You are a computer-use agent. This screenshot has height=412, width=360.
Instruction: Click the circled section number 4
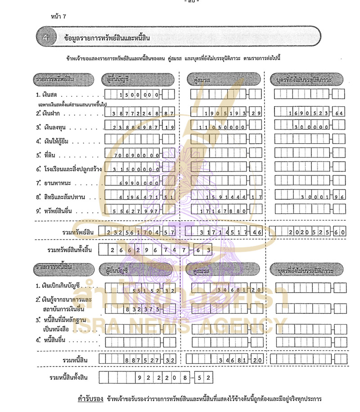click(x=45, y=38)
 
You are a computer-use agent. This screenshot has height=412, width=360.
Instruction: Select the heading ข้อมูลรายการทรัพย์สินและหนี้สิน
click(x=107, y=38)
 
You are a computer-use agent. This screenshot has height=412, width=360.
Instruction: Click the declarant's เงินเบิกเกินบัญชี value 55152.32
click(x=139, y=290)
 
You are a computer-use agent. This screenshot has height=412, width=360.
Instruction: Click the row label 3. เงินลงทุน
click(x=59, y=127)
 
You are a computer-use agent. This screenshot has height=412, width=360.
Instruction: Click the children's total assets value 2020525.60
click(x=311, y=232)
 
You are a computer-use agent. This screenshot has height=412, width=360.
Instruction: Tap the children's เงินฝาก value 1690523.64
click(x=311, y=113)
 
